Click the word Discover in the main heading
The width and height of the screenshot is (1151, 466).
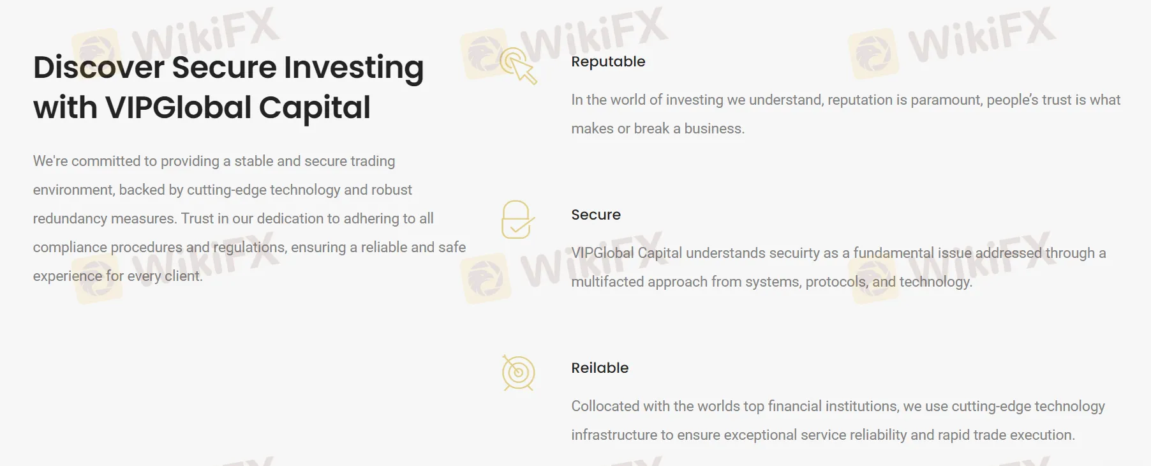[x=99, y=67]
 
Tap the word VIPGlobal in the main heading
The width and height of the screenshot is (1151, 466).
[x=179, y=107]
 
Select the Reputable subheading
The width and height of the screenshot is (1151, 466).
[x=608, y=62]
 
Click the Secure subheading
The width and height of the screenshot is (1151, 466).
[x=596, y=214]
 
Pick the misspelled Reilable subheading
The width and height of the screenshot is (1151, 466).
[x=600, y=368]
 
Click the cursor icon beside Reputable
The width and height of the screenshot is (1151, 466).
[x=518, y=66]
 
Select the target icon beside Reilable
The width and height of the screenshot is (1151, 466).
[x=518, y=373]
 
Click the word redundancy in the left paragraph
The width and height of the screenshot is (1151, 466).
[x=70, y=218]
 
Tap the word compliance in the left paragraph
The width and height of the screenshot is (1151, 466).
[x=70, y=248]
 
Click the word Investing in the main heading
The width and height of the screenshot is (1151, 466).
[x=353, y=68]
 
